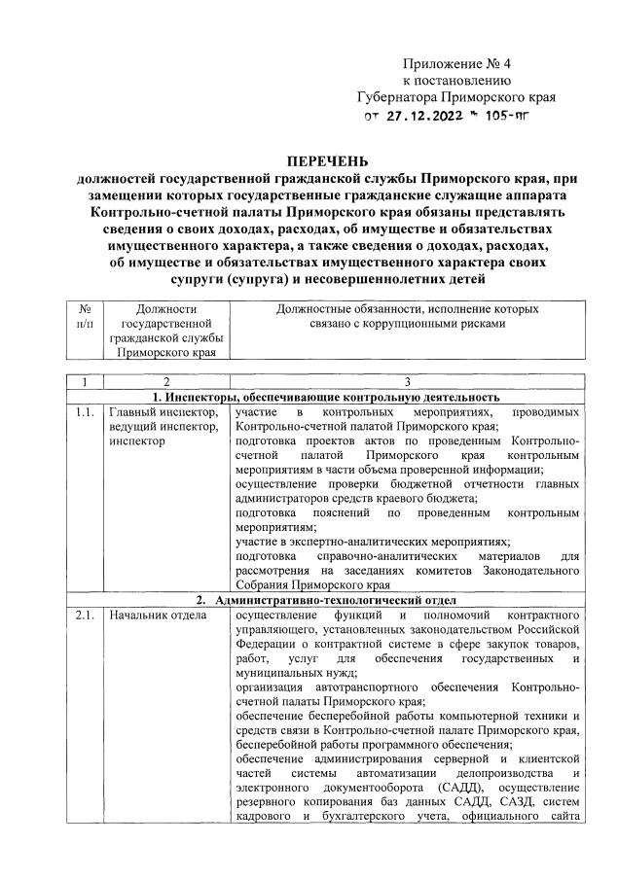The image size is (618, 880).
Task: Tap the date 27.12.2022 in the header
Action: [x=428, y=118]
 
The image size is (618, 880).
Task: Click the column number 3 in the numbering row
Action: [x=407, y=381]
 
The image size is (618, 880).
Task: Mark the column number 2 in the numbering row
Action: [x=166, y=381]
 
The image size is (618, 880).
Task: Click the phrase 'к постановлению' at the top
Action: [x=456, y=80]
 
